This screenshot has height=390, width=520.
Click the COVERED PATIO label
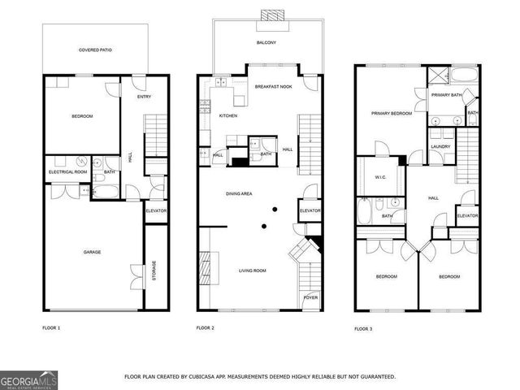[x=95, y=50]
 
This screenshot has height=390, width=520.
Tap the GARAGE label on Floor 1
[x=92, y=253]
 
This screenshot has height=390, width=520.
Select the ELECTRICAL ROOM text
[x=68, y=172]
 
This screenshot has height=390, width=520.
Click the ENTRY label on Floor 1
[x=144, y=97]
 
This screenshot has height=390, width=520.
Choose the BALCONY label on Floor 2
[x=266, y=42]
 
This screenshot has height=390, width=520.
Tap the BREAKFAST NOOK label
[x=272, y=86]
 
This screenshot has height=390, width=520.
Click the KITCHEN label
[x=228, y=116]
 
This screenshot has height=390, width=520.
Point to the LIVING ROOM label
[x=252, y=271]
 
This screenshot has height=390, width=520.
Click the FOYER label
[x=310, y=298]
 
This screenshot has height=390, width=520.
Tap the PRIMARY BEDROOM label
[x=392, y=114]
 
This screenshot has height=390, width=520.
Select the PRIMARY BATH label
[x=447, y=96]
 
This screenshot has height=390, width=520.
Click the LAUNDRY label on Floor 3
[x=441, y=146]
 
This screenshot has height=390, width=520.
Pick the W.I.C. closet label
[x=379, y=178]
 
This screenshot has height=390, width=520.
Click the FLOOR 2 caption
[x=205, y=327]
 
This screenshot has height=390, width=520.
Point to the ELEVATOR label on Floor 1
[x=155, y=210]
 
